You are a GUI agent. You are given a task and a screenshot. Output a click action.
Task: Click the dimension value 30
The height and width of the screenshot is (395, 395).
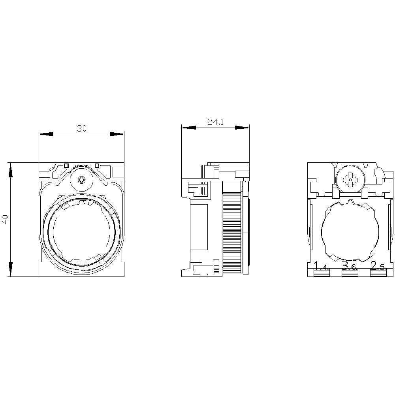coord(82,128)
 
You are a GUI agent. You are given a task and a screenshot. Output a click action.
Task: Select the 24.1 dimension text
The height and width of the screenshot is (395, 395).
coord(216,122)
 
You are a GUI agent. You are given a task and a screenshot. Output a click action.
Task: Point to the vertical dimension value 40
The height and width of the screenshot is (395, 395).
coord(5,219)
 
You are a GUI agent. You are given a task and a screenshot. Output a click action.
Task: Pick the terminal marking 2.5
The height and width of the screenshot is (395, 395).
coord(378,266)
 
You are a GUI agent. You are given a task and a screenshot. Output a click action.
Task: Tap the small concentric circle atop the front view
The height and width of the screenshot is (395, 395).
coord(81,180)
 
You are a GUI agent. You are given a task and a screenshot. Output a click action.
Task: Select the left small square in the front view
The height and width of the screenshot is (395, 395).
coord(66,166)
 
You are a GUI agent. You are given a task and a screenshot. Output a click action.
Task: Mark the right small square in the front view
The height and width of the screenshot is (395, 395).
coord(97,166)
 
